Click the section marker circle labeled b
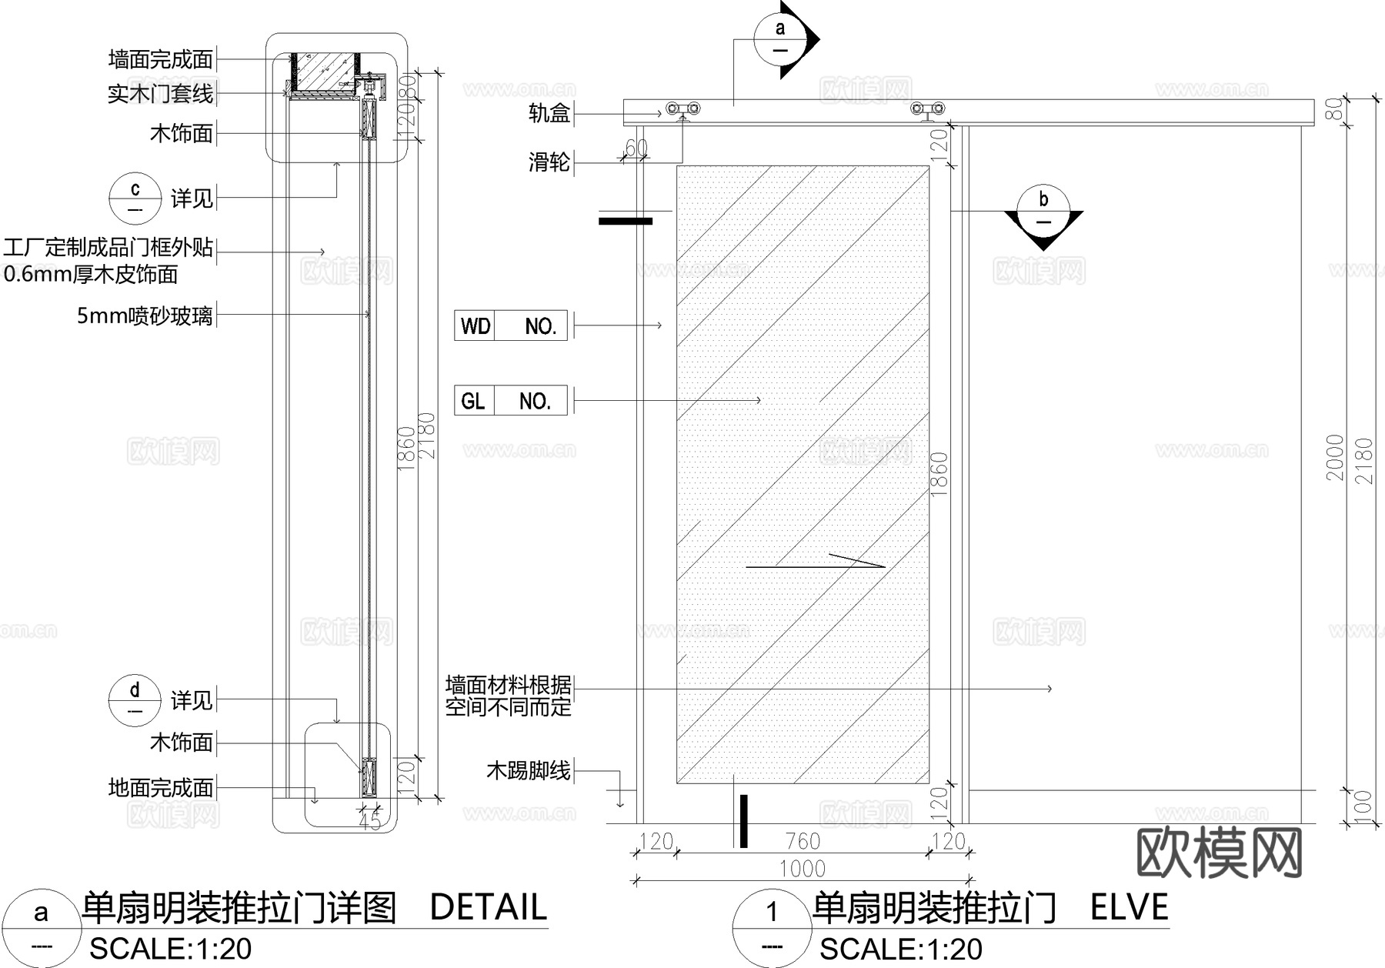coord(1043,207)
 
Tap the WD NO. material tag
coord(511,326)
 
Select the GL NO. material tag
coord(511,401)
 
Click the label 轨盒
coord(549,114)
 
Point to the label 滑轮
coord(549,162)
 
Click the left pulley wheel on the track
coord(683,108)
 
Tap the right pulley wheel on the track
coord(927,108)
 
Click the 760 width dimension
coord(802,841)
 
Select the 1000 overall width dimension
coord(802,869)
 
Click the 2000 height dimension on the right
coord(1335,458)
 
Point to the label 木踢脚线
coord(529,770)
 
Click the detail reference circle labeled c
coord(135,198)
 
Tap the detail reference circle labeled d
coord(135,699)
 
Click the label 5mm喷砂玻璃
coord(145,315)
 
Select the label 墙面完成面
coord(161,59)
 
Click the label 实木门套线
coord(161,94)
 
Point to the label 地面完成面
coord(161,788)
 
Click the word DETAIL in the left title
coord(488,908)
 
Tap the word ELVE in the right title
coord(1129,908)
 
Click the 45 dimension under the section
coord(370,822)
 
